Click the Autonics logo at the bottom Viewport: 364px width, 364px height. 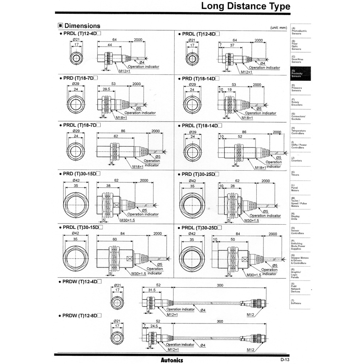pyautogui.click(x=172, y=360)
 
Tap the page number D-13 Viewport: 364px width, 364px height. pyautogui.click(x=285, y=360)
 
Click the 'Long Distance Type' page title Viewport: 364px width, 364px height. pyautogui.click(x=246, y=6)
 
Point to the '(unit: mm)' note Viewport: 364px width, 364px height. pyautogui.click(x=278, y=27)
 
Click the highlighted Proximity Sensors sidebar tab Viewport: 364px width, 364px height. pyautogui.click(x=300, y=74)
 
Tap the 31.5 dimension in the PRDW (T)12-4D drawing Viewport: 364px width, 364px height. pyautogui.click(x=152, y=290)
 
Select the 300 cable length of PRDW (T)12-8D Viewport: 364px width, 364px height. pyautogui.click(x=220, y=322)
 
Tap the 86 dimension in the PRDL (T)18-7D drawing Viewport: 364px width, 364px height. pyautogui.click(x=123, y=131)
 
